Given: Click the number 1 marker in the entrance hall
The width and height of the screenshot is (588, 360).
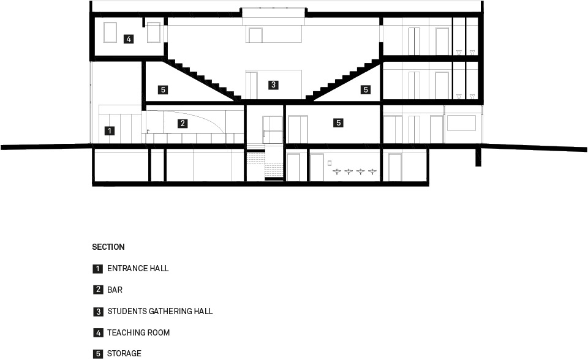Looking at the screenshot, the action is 110,131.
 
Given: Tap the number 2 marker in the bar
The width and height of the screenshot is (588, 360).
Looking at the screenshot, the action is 183,124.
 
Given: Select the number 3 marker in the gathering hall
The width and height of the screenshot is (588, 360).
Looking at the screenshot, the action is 273,84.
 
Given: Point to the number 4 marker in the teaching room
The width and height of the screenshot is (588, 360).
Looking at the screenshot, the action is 129,39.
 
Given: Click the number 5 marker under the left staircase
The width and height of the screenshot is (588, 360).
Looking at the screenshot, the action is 163,89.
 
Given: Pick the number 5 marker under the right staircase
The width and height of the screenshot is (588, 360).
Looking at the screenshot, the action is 366,89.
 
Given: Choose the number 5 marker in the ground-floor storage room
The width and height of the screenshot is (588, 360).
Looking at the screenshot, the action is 339,122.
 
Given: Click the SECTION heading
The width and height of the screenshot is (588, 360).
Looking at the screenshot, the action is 108,247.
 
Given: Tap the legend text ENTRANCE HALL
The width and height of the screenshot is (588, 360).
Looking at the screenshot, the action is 138,269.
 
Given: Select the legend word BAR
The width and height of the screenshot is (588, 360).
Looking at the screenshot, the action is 115,290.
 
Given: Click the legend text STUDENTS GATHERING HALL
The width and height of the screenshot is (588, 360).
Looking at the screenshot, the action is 160,311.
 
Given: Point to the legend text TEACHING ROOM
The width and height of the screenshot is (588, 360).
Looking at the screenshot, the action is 138,332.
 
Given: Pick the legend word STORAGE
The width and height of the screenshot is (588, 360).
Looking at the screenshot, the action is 124,354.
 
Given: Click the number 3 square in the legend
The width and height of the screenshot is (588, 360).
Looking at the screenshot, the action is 98,312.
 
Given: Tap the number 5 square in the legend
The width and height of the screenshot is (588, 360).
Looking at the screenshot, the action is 98,354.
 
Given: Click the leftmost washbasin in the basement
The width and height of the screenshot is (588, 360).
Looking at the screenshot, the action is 337,172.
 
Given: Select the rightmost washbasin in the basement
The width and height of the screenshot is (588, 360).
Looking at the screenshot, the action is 372,172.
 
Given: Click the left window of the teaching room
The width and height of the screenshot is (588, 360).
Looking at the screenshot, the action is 110,32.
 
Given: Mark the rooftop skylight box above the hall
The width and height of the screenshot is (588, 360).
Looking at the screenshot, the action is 273,12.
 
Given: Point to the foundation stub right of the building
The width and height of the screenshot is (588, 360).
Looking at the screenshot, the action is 478,157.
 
